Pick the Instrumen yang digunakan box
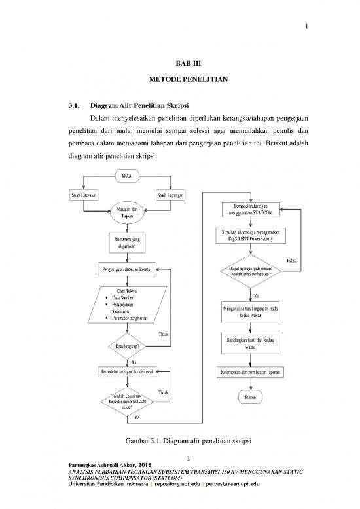click(127, 242)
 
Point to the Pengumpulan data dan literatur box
click(127, 270)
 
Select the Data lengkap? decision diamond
click(126, 345)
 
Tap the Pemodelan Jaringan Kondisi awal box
click(127, 372)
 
